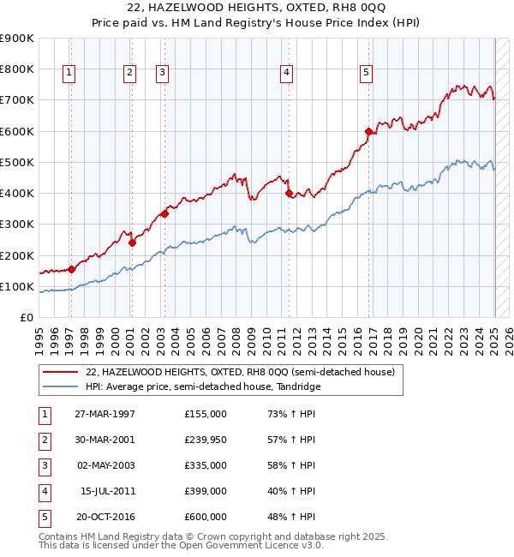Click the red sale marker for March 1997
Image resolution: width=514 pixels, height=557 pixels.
click(72, 269)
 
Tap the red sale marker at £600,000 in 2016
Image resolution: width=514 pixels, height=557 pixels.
click(368, 132)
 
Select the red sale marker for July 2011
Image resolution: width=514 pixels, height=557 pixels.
click(289, 193)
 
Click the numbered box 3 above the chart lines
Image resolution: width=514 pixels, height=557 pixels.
click(162, 74)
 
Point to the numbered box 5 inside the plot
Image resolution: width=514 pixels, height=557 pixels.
click(366, 74)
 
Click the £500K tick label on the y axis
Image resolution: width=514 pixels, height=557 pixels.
click(17, 162)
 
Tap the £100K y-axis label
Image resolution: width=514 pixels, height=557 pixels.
click(17, 286)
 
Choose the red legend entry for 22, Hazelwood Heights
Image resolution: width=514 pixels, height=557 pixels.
click(240, 372)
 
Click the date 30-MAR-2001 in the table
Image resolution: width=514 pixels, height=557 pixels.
click(105, 440)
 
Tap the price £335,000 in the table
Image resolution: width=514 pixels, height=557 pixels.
click(205, 465)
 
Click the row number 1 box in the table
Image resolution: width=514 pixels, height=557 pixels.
click(44, 414)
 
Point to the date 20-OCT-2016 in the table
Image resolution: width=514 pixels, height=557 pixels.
click(105, 517)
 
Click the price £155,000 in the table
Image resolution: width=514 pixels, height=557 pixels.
click(205, 414)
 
